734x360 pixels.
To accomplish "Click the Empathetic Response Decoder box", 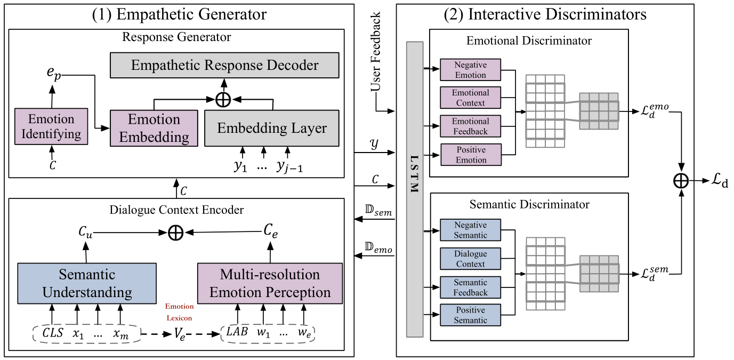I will coord(224,65).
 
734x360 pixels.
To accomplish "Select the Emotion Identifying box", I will coord(51,126).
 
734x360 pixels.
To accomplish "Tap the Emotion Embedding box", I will coord(154,128).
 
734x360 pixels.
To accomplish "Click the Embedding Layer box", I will coord(272,128).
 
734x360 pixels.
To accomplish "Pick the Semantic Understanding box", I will coord(87,283).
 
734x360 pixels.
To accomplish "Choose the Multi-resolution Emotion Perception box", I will coord(270,283).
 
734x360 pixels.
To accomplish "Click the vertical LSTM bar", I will coord(415,189).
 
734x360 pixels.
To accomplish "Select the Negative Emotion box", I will coord(470,70).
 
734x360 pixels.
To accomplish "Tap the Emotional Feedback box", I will coord(470,126).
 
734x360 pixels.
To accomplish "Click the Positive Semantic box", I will coord(470,315).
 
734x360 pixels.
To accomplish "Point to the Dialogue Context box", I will coord(470,259).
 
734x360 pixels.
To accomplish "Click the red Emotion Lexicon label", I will coord(179,312).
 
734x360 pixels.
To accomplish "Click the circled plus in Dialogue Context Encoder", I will coord(175,233).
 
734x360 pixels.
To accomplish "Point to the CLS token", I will coord(52,334).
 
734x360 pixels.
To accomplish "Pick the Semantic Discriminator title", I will coord(529,204).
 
